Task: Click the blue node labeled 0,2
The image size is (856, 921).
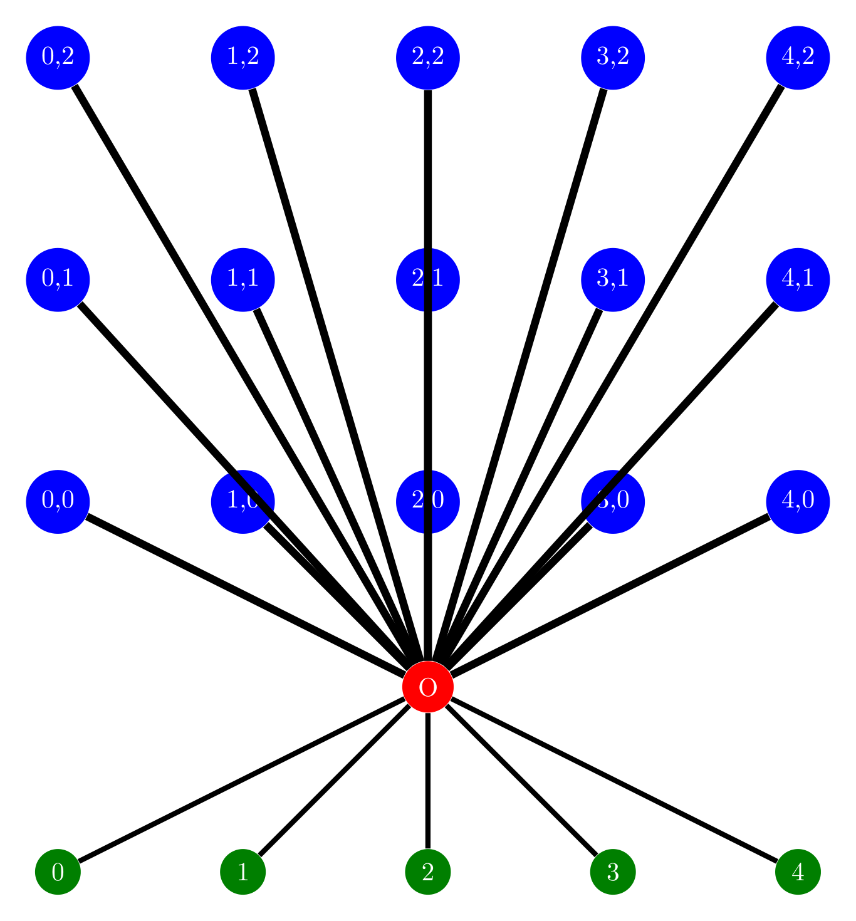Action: (58, 58)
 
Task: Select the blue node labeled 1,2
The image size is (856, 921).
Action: (243, 58)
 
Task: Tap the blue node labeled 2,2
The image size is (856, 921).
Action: (428, 58)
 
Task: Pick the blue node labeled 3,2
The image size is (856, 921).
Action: (613, 58)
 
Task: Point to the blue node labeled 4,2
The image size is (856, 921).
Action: (798, 58)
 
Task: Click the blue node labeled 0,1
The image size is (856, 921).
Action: (58, 279)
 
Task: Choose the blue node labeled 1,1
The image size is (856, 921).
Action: (243, 279)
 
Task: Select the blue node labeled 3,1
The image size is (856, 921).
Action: (613, 279)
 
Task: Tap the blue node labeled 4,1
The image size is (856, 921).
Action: (798, 279)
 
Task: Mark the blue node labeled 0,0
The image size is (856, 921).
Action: (58, 501)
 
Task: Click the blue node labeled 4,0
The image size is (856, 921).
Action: (798, 501)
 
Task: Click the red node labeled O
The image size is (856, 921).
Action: (428, 687)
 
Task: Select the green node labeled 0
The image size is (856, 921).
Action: (58, 872)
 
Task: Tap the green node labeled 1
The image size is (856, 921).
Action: (243, 872)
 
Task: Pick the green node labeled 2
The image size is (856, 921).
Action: (428, 872)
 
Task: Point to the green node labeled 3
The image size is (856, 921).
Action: (613, 872)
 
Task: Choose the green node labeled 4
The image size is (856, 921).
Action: (798, 872)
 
